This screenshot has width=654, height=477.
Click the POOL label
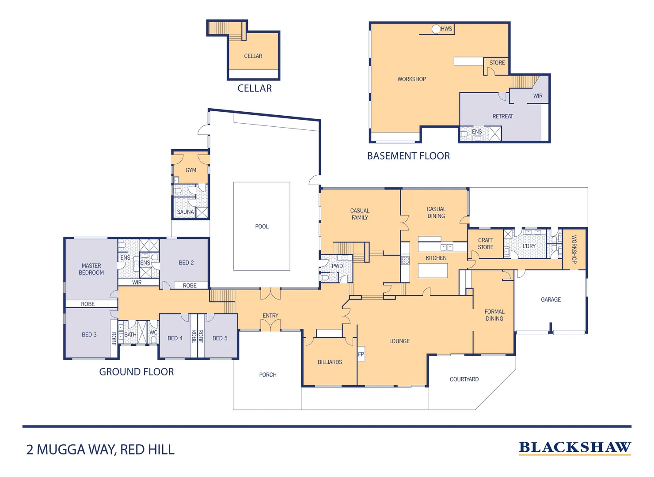(262, 227)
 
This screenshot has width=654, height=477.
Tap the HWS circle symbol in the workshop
(436, 29)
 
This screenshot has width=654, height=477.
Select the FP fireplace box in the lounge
(361, 354)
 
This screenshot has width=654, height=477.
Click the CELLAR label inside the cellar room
(253, 56)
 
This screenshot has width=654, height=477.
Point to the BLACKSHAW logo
(575, 448)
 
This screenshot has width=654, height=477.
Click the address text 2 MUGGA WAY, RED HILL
(100, 450)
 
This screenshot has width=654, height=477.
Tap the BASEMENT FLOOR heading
(408, 156)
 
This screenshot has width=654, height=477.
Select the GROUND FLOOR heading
(137, 372)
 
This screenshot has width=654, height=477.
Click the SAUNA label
(185, 212)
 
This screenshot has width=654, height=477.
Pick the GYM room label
(191, 170)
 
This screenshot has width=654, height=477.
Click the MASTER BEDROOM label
(91, 269)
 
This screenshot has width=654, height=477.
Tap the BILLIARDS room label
(330, 362)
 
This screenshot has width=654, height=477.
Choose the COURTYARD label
(464, 379)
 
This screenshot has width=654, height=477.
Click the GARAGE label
(551, 299)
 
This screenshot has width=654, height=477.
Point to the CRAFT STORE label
(486, 244)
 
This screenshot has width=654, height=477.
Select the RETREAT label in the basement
(503, 117)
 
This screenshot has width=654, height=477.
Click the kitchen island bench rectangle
(433, 270)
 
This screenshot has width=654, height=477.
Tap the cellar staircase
(225, 29)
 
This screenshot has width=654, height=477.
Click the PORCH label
(268, 375)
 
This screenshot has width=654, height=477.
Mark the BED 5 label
(220, 338)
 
